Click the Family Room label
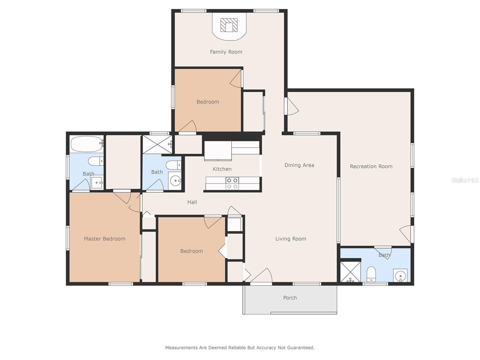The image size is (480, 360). point(226,52)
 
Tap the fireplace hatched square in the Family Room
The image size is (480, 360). point(229,25)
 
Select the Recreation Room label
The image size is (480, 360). point(371,166)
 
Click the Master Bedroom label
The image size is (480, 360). point(104,239)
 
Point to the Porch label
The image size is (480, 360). point(290,298)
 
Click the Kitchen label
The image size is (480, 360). point(222,169)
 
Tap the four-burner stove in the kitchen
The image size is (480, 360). point(232,183)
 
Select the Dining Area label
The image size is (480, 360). point(299,165)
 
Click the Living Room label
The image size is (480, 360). point(291,239)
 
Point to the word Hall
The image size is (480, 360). point(192,202)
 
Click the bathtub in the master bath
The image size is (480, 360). point(87,144)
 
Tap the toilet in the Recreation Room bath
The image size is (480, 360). point(371,274)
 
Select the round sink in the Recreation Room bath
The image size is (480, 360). point(400,276)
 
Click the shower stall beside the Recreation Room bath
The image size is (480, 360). point(350,272)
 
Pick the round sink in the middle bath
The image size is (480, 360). point(175,181)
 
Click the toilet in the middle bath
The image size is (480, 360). point(173,165)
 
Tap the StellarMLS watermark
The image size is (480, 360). point(465,180)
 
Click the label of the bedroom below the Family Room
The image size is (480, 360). point(208,102)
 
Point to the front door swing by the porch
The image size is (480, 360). point(261,275)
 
